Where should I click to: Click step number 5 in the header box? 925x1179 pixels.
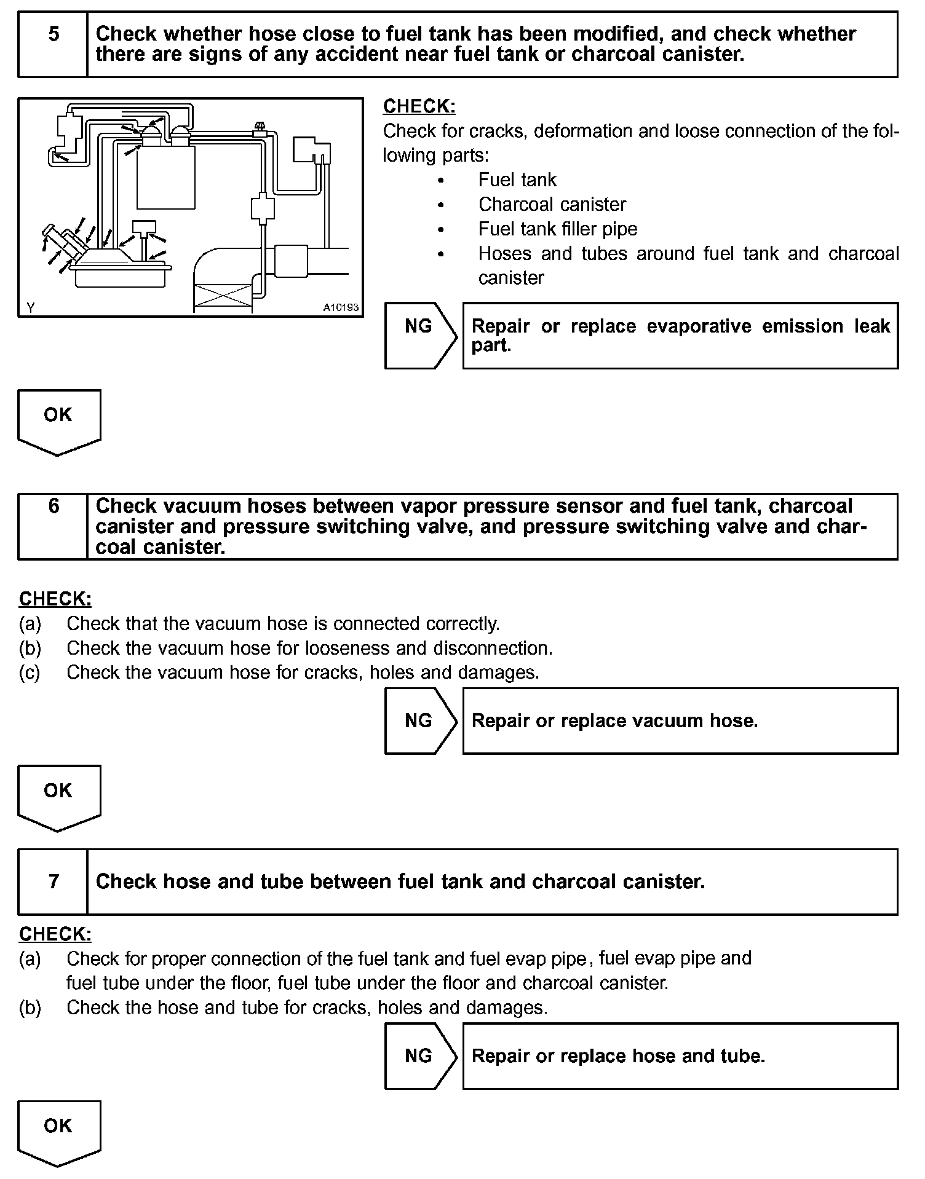point(54,34)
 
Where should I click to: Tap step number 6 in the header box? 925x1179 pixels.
point(54,506)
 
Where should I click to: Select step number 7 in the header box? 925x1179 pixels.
point(54,881)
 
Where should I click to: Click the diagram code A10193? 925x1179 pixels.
point(341,307)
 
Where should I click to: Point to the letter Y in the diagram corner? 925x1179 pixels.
point(30,307)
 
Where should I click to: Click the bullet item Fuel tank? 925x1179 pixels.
point(517,180)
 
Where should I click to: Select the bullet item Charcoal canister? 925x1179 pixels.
point(552,205)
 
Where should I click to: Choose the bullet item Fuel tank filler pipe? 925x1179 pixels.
point(557,229)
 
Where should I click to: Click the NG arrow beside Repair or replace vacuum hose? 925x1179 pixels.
point(420,720)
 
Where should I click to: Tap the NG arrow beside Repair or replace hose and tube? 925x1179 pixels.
point(420,1056)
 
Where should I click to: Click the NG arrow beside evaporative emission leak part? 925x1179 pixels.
point(420,326)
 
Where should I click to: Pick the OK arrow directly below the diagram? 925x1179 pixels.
point(58,419)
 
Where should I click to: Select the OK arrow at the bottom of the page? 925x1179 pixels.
point(58,1130)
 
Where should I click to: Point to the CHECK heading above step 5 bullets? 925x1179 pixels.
point(419,106)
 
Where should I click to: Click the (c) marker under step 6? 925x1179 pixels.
point(30,672)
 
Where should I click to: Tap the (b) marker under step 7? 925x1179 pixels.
point(30,1007)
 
